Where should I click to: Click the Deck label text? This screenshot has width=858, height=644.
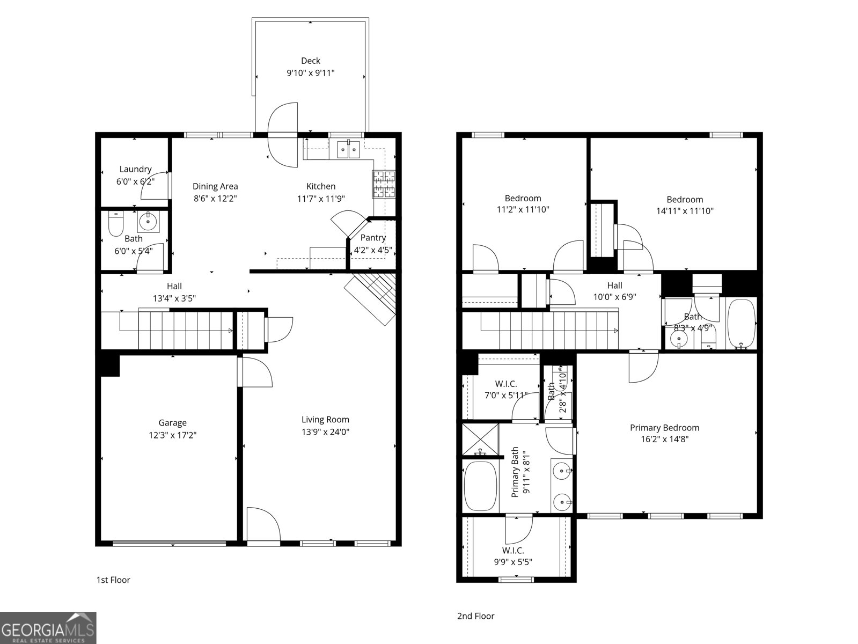click(x=310, y=61)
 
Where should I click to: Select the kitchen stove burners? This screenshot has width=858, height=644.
click(x=384, y=185)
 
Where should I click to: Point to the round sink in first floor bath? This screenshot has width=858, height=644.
click(x=148, y=221)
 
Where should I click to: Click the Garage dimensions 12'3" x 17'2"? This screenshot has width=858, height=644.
click(x=172, y=435)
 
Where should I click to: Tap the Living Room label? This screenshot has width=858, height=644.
click(x=325, y=420)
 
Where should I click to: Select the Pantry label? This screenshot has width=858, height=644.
click(x=373, y=238)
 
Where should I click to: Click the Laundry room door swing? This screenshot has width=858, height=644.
click(x=159, y=186)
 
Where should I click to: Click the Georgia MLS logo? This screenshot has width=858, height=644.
click(x=48, y=627)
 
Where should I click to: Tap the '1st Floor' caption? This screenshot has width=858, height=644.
click(x=113, y=580)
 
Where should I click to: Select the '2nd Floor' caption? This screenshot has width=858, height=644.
click(x=475, y=616)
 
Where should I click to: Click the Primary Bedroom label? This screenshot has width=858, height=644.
click(x=664, y=428)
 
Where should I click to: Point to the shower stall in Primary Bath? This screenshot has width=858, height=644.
click(x=480, y=440)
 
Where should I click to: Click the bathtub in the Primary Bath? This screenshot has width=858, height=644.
click(x=480, y=486)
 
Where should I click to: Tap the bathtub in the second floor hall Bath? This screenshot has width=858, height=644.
click(x=741, y=324)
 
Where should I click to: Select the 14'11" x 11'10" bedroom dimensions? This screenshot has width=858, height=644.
click(x=685, y=211)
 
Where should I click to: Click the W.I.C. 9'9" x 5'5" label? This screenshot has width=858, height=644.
click(x=513, y=556)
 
